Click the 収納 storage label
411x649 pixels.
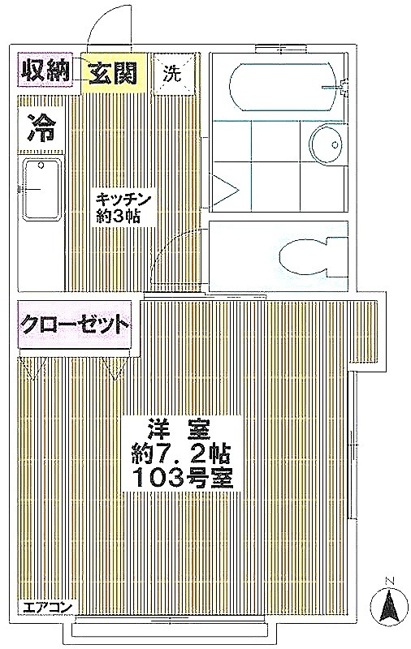(45, 70)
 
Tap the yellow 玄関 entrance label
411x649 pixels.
(113, 73)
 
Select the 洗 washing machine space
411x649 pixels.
(172, 74)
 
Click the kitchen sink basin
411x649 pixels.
(41, 190)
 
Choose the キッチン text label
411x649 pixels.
(122, 200)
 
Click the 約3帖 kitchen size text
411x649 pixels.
(118, 217)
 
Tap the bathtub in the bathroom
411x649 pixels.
(283, 87)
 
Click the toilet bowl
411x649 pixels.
(305, 256)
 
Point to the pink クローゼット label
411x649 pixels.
(75, 324)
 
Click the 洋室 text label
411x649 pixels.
(180, 430)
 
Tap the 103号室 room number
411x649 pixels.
(182, 478)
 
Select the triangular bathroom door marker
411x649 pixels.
(225, 191)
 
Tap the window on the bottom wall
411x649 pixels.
(169, 630)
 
